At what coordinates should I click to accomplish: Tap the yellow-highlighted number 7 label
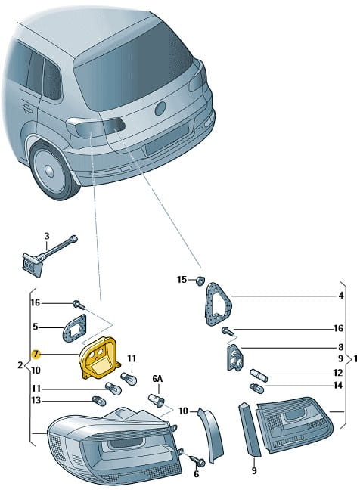pos(36,354)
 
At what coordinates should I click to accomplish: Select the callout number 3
pos(47,236)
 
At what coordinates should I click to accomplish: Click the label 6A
pos(157,379)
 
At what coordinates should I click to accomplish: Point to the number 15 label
pos(182,279)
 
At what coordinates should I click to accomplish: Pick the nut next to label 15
pos(200,281)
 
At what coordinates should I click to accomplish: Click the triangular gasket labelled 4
pos(219,304)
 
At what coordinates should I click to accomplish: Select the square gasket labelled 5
pos(74,328)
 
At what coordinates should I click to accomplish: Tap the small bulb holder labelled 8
pos(235,357)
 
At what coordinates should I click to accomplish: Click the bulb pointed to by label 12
pos(259,375)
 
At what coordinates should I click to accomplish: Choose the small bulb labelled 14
pos(256,389)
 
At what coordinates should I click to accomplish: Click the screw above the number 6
pos(197,461)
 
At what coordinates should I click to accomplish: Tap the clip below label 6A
pos(156,400)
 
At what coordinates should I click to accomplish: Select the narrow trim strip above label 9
pos(250,430)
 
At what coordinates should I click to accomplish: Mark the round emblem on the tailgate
pos(160,109)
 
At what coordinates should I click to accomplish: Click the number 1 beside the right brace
pos(355,358)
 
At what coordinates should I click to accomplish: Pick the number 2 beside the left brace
pos(20,364)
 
